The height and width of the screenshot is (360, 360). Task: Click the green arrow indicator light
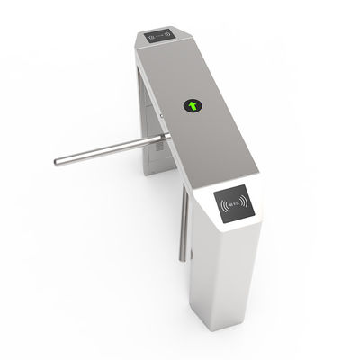[x=193, y=105]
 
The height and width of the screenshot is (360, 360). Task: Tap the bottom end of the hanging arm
[x=182, y=259]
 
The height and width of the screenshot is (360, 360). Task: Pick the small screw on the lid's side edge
[x=159, y=115]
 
